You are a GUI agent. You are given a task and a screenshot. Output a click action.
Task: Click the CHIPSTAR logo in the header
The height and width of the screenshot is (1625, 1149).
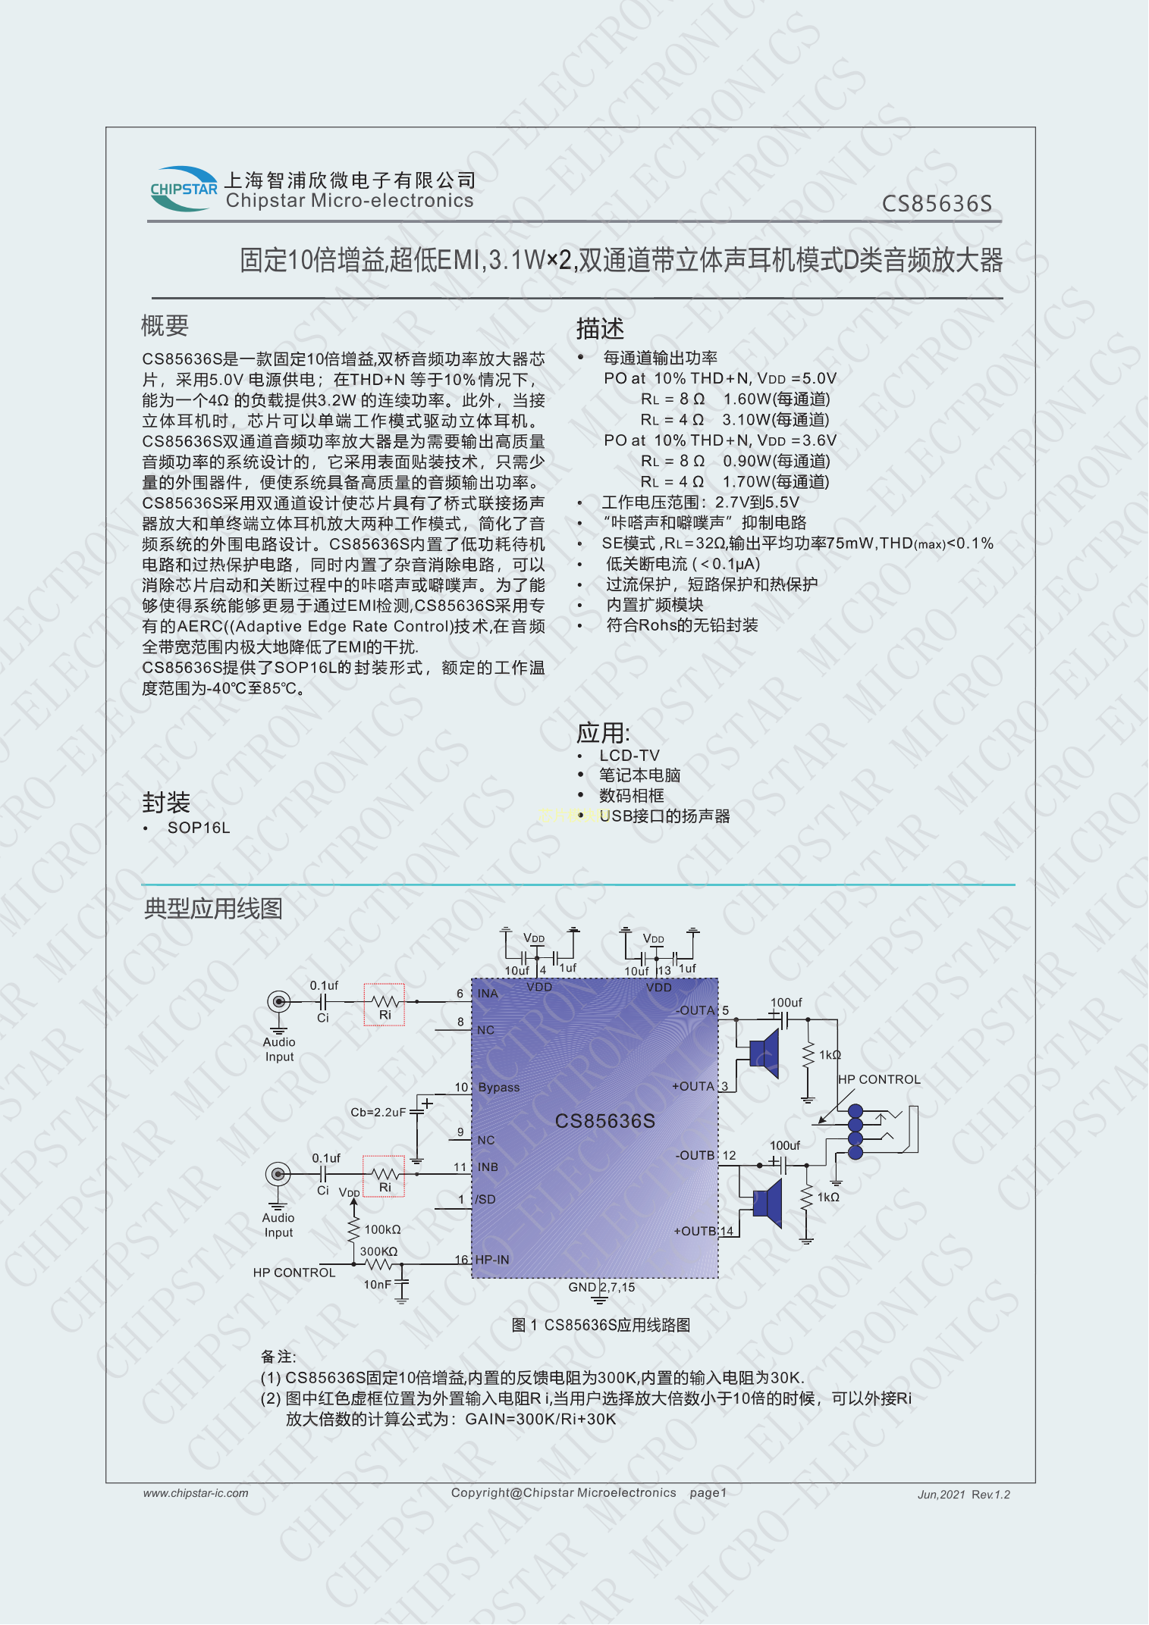tap(184, 189)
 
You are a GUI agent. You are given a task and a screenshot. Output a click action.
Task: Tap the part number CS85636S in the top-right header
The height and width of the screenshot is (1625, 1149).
tap(937, 204)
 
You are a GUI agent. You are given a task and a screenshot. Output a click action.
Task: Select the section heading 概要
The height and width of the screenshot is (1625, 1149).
tap(165, 326)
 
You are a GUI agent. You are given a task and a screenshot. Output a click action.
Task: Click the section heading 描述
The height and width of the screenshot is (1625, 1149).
tap(600, 329)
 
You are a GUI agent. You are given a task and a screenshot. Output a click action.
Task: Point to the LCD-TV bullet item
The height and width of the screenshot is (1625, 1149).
tap(629, 756)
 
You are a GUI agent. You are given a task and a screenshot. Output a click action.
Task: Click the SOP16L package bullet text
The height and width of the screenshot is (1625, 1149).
tap(199, 828)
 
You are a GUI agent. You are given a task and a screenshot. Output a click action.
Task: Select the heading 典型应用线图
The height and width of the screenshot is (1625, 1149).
tap(213, 908)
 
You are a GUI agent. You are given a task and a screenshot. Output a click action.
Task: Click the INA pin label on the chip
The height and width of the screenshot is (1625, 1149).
tap(488, 994)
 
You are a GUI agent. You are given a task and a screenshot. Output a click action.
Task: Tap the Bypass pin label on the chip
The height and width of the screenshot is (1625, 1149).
tap(499, 1087)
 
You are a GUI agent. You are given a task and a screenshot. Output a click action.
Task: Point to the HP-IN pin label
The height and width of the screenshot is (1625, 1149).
tap(492, 1260)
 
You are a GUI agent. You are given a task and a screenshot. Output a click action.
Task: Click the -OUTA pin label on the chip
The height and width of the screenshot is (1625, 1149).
tap(695, 1010)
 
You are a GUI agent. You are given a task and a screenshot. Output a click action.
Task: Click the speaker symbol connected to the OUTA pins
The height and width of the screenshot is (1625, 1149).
tap(764, 1054)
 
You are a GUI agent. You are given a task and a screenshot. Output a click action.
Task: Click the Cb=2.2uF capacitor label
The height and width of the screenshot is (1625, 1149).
tap(378, 1112)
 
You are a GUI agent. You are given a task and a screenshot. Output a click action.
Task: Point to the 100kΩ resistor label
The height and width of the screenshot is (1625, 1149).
tap(383, 1229)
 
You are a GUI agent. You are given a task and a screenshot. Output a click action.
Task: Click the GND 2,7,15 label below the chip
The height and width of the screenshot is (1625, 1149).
tap(601, 1287)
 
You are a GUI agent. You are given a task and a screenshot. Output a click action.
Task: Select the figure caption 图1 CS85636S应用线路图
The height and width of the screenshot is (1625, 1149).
tap(601, 1325)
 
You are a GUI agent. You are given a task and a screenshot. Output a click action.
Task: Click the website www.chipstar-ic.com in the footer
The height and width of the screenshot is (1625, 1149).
tap(196, 1493)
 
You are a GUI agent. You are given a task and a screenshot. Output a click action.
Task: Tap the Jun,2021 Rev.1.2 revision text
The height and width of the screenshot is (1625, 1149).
tap(964, 1495)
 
